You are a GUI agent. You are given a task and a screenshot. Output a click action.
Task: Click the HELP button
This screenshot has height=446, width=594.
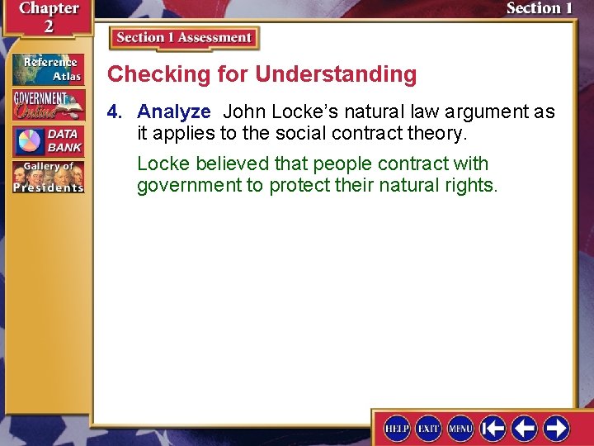(x=398, y=428)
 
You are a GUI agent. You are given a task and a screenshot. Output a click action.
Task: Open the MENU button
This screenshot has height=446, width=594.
(x=460, y=428)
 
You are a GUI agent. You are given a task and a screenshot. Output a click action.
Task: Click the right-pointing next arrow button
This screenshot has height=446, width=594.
(x=555, y=428)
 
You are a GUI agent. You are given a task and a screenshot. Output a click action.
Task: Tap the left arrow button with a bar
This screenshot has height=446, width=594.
(x=493, y=428)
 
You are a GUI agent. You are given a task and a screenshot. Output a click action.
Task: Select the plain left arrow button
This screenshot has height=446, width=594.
(x=524, y=428)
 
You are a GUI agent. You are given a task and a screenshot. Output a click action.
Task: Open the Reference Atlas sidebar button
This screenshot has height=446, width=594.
(x=48, y=69)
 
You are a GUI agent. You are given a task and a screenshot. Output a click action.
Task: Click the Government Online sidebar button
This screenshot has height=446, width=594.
(x=48, y=105)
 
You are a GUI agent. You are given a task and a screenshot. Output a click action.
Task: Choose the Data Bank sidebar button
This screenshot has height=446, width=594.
(x=48, y=141)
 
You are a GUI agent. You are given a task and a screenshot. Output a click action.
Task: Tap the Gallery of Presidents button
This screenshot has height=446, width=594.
(x=48, y=177)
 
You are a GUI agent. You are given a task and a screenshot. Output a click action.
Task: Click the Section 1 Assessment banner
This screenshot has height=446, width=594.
(x=184, y=38)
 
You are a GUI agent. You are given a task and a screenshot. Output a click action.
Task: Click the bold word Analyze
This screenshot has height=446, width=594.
(x=174, y=111)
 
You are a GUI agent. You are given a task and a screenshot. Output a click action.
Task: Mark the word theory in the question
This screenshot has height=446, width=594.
(x=437, y=133)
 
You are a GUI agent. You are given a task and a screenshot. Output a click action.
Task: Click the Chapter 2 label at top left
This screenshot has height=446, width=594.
(x=47, y=17)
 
